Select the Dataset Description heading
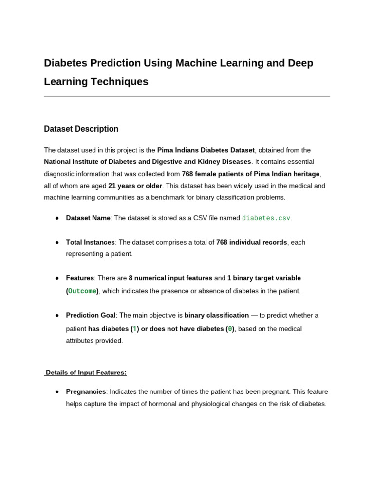81,129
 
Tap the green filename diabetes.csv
266,218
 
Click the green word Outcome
82,291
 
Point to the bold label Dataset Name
88,218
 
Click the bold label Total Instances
90,242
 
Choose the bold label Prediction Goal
91,315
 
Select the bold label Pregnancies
86,391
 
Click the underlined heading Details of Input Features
86,373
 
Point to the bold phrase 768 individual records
252,242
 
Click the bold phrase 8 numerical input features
170,278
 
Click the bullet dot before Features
57,278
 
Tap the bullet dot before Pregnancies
57,391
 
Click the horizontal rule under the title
187,96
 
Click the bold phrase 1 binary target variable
264,278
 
